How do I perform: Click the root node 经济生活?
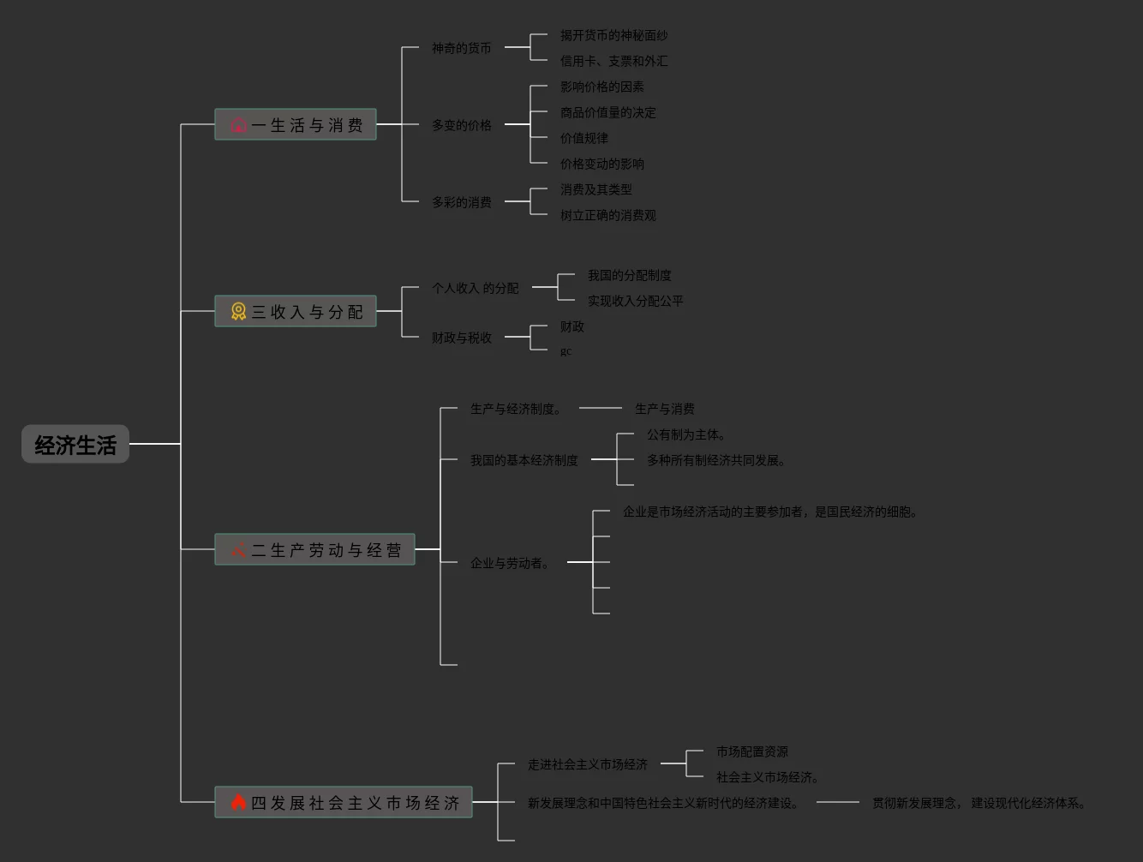[75, 445]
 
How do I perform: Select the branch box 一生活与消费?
[296, 125]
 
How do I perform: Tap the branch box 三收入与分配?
[296, 312]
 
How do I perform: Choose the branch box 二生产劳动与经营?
[314, 550]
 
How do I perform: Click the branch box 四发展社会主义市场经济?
[344, 803]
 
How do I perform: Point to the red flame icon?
[238, 803]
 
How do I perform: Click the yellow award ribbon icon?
[238, 312]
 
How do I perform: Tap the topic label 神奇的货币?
[462, 49]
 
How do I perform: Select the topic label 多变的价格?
[462, 126]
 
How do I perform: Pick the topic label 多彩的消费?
[462, 203]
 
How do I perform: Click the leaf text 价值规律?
[584, 139]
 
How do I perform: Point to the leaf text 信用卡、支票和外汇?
[614, 62]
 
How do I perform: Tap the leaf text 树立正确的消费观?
[608, 216]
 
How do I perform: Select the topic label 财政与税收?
[462, 338]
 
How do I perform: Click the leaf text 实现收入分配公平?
[636, 302]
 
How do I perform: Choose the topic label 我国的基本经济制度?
[524, 461]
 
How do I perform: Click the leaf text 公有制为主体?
[685, 435]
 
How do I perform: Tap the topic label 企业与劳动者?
[509, 564]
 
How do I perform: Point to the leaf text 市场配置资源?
[752, 752]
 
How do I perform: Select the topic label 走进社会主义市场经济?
[588, 765]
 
